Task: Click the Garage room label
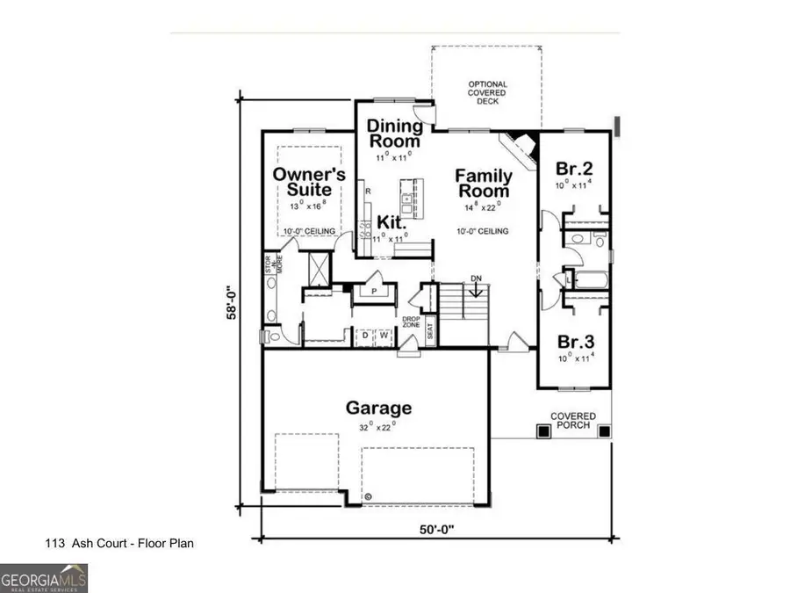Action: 378,409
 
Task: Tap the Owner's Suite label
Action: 302,181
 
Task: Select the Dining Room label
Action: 394,133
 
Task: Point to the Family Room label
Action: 482,184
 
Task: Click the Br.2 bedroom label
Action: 575,168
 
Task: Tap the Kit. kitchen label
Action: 391,221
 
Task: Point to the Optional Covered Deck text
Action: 487,92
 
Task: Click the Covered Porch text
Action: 572,422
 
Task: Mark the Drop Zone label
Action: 412,322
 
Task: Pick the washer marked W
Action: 384,335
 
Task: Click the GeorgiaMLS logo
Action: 44,579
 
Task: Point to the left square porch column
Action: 543,431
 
